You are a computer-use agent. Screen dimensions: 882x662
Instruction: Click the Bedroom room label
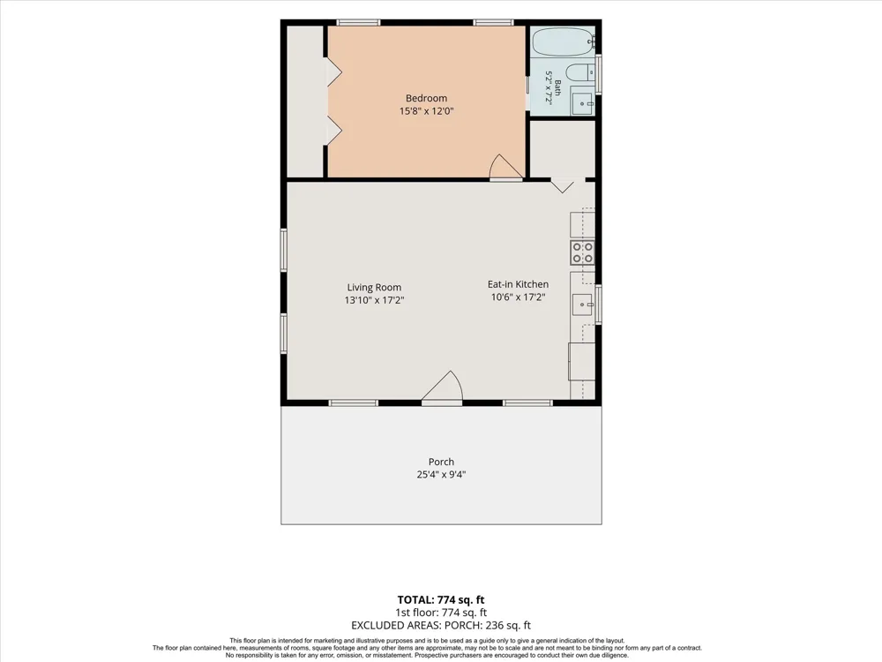426,99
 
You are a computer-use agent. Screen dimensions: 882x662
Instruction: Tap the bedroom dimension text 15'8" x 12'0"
426,111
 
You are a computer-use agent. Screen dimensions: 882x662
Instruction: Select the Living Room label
374,288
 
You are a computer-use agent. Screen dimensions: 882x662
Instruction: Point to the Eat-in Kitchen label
518,284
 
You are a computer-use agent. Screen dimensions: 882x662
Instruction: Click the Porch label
441,462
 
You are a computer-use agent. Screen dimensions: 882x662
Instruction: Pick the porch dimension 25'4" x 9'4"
441,475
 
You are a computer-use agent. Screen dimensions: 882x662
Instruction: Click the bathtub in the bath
563,41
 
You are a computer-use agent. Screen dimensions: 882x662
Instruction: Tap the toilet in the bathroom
580,72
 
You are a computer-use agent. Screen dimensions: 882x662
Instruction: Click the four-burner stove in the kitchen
582,252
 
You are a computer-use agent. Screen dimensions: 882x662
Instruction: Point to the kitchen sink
583,304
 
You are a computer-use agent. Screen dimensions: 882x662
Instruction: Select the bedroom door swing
506,167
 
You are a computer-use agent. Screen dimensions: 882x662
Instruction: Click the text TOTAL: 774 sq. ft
441,599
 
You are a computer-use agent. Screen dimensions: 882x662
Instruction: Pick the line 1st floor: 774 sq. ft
441,613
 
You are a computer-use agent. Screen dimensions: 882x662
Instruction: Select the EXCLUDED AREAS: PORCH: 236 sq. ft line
441,625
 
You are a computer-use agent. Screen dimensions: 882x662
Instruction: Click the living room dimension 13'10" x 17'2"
374,301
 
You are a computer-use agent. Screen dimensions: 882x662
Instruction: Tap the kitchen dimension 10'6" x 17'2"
518,297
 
